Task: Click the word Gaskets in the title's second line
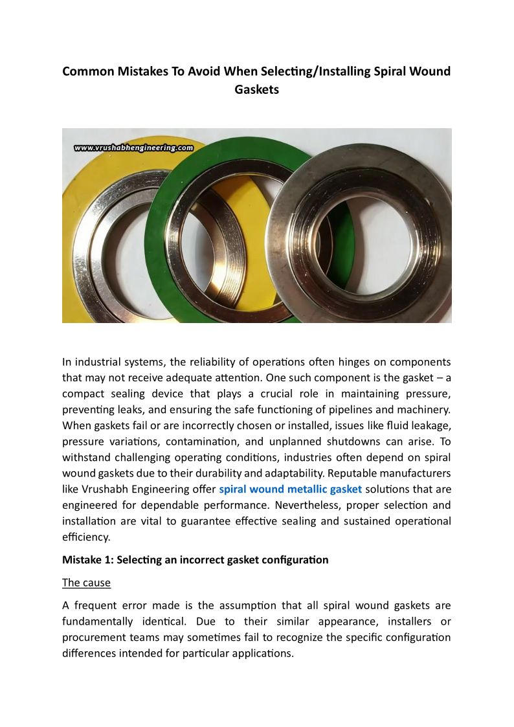(x=256, y=89)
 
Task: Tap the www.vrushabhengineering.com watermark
(x=134, y=148)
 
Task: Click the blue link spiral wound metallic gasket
(x=290, y=489)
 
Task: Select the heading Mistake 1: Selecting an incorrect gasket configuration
(x=195, y=559)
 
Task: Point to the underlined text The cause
(x=86, y=583)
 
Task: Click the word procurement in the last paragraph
(x=93, y=638)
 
